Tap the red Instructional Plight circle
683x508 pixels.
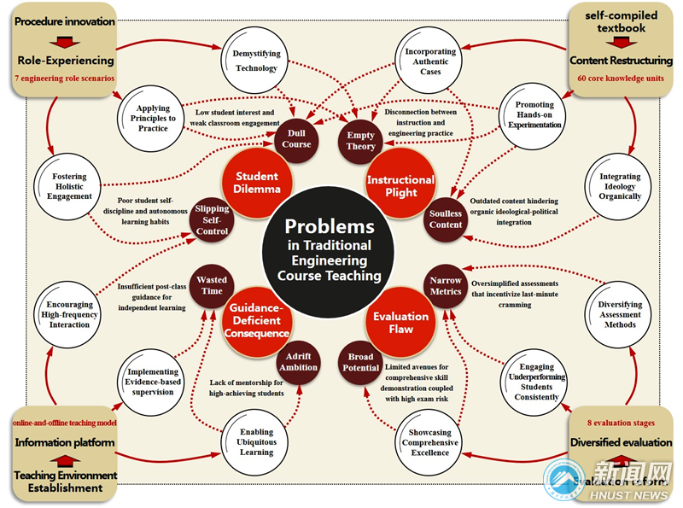400,185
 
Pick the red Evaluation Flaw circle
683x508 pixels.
400,322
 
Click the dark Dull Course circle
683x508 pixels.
297,138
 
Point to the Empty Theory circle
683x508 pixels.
360,141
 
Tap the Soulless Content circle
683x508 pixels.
447,219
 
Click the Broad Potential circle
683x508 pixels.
362,361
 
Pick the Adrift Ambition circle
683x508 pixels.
298,361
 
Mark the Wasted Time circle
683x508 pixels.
212,286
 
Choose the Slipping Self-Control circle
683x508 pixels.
212,220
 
